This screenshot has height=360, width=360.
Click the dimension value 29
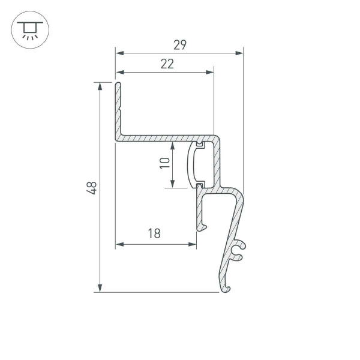[179, 44]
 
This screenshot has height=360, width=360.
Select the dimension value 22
[167, 64]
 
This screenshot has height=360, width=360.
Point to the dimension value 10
[164, 163]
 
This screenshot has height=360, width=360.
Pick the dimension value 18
[154, 234]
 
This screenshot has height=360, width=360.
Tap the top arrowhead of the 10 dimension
[173, 146]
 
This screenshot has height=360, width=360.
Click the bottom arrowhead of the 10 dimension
[173, 184]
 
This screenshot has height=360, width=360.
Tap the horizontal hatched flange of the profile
[162, 138]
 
